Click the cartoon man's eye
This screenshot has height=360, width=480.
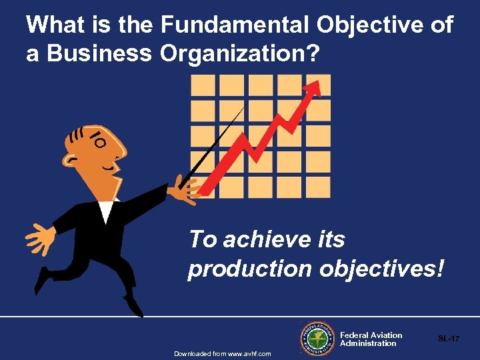pos(99,141)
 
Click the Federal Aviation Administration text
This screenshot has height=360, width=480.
pos(371,339)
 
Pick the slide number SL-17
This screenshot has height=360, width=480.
pos(449,339)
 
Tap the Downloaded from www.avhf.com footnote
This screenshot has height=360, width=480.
pos(223,353)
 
